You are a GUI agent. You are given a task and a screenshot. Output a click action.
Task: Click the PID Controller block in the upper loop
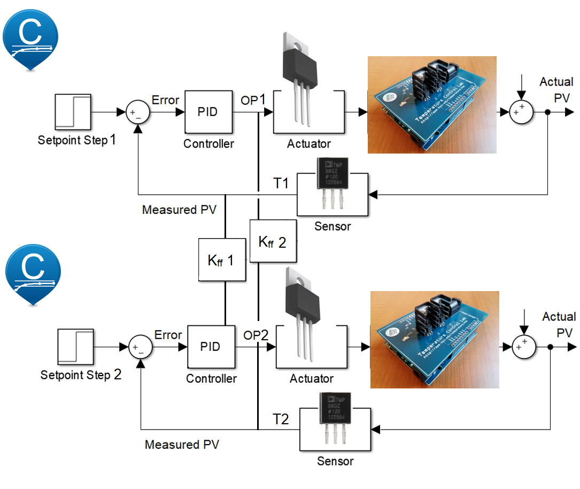coord(208,112)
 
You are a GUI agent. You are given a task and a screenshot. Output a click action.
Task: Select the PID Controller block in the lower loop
coord(211,346)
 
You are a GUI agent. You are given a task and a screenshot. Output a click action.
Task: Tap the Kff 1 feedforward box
coord(222,260)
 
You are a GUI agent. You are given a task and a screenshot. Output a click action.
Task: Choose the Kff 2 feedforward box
coord(273,241)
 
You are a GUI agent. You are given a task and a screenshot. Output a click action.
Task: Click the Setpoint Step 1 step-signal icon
coord(73,113)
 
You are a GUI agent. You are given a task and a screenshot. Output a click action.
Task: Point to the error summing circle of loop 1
coord(138,113)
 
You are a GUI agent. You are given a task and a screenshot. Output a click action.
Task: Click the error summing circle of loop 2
coord(141,347)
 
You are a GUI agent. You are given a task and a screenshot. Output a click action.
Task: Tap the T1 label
coord(281,184)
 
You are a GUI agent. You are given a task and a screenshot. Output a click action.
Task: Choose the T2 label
coord(281,419)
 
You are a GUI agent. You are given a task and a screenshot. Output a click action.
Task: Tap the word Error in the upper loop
coord(166,100)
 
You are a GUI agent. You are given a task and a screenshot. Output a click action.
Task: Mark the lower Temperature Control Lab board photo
coord(435,339)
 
